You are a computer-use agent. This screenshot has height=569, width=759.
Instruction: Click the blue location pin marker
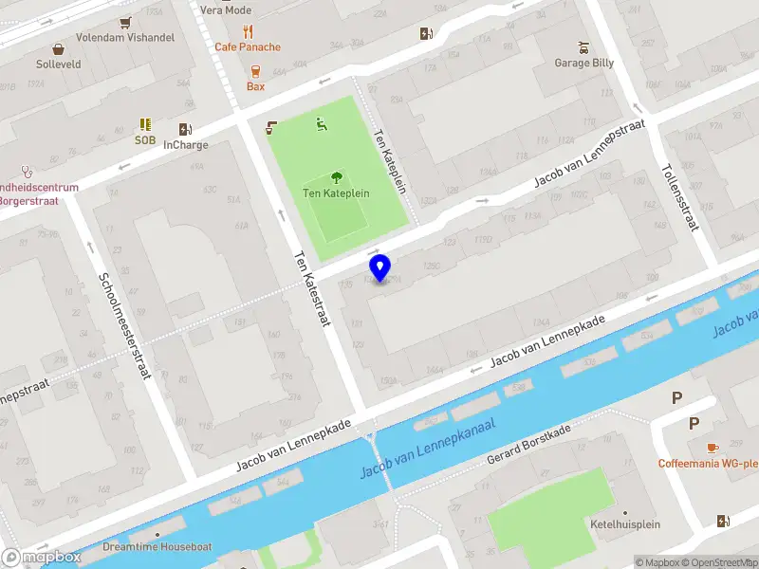tap(380, 267)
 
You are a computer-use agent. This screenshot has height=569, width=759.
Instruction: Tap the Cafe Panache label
tap(248, 46)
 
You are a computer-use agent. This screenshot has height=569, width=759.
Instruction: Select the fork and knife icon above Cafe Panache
tap(248, 30)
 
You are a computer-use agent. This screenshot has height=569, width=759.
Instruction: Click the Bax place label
tap(255, 86)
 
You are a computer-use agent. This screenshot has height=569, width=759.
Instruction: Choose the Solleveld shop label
tap(59, 64)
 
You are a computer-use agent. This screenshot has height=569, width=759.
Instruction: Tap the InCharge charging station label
tap(186, 145)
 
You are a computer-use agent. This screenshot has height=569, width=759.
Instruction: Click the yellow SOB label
tap(144, 139)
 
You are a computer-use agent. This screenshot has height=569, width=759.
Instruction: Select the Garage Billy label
tap(584, 63)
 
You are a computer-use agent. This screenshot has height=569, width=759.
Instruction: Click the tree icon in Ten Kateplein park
tap(336, 176)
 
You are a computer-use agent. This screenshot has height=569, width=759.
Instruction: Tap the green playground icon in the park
tap(322, 122)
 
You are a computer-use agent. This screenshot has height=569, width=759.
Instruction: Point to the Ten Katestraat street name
tap(310, 288)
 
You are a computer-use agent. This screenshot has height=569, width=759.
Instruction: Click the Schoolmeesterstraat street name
tap(124, 326)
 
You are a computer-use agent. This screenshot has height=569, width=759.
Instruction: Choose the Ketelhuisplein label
tap(624, 524)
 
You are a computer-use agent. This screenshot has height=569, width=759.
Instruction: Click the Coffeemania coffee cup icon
tap(713, 447)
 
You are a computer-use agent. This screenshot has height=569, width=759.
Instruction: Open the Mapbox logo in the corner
tap(42, 558)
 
